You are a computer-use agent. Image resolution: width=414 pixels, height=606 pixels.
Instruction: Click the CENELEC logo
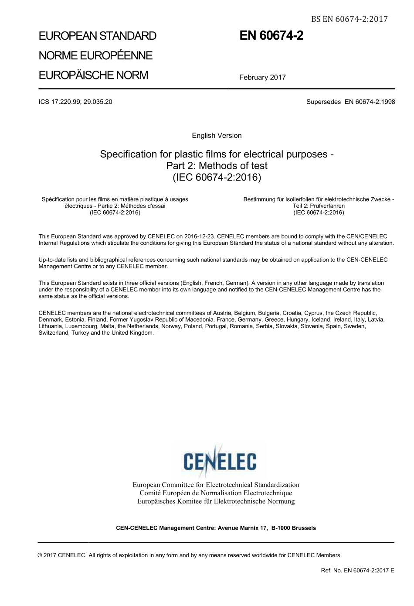click(220, 462)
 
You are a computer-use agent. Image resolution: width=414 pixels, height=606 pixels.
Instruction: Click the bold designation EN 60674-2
click(271, 36)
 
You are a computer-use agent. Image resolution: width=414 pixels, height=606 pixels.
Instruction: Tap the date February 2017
click(262, 78)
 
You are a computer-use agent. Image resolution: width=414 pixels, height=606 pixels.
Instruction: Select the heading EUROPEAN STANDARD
click(98, 36)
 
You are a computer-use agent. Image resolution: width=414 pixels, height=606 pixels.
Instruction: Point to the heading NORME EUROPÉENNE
click(95, 55)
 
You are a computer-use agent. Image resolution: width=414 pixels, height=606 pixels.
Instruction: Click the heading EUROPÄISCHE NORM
click(93, 75)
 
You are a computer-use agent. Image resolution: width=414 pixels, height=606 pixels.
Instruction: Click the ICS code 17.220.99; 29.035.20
click(75, 102)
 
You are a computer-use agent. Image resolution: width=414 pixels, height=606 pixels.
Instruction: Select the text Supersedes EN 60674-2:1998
click(350, 102)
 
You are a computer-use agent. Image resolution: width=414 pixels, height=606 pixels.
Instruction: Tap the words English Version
click(217, 136)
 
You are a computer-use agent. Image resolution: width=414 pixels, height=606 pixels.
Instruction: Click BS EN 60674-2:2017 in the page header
click(349, 19)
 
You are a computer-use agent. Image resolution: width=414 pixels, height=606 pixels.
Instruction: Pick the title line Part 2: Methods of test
click(217, 166)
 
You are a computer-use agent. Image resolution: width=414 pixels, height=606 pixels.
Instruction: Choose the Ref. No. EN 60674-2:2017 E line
click(357, 570)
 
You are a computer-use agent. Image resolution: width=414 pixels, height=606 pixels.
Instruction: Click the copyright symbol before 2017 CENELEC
click(40, 555)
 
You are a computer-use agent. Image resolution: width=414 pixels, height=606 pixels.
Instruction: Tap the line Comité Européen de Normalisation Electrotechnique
click(216, 493)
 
